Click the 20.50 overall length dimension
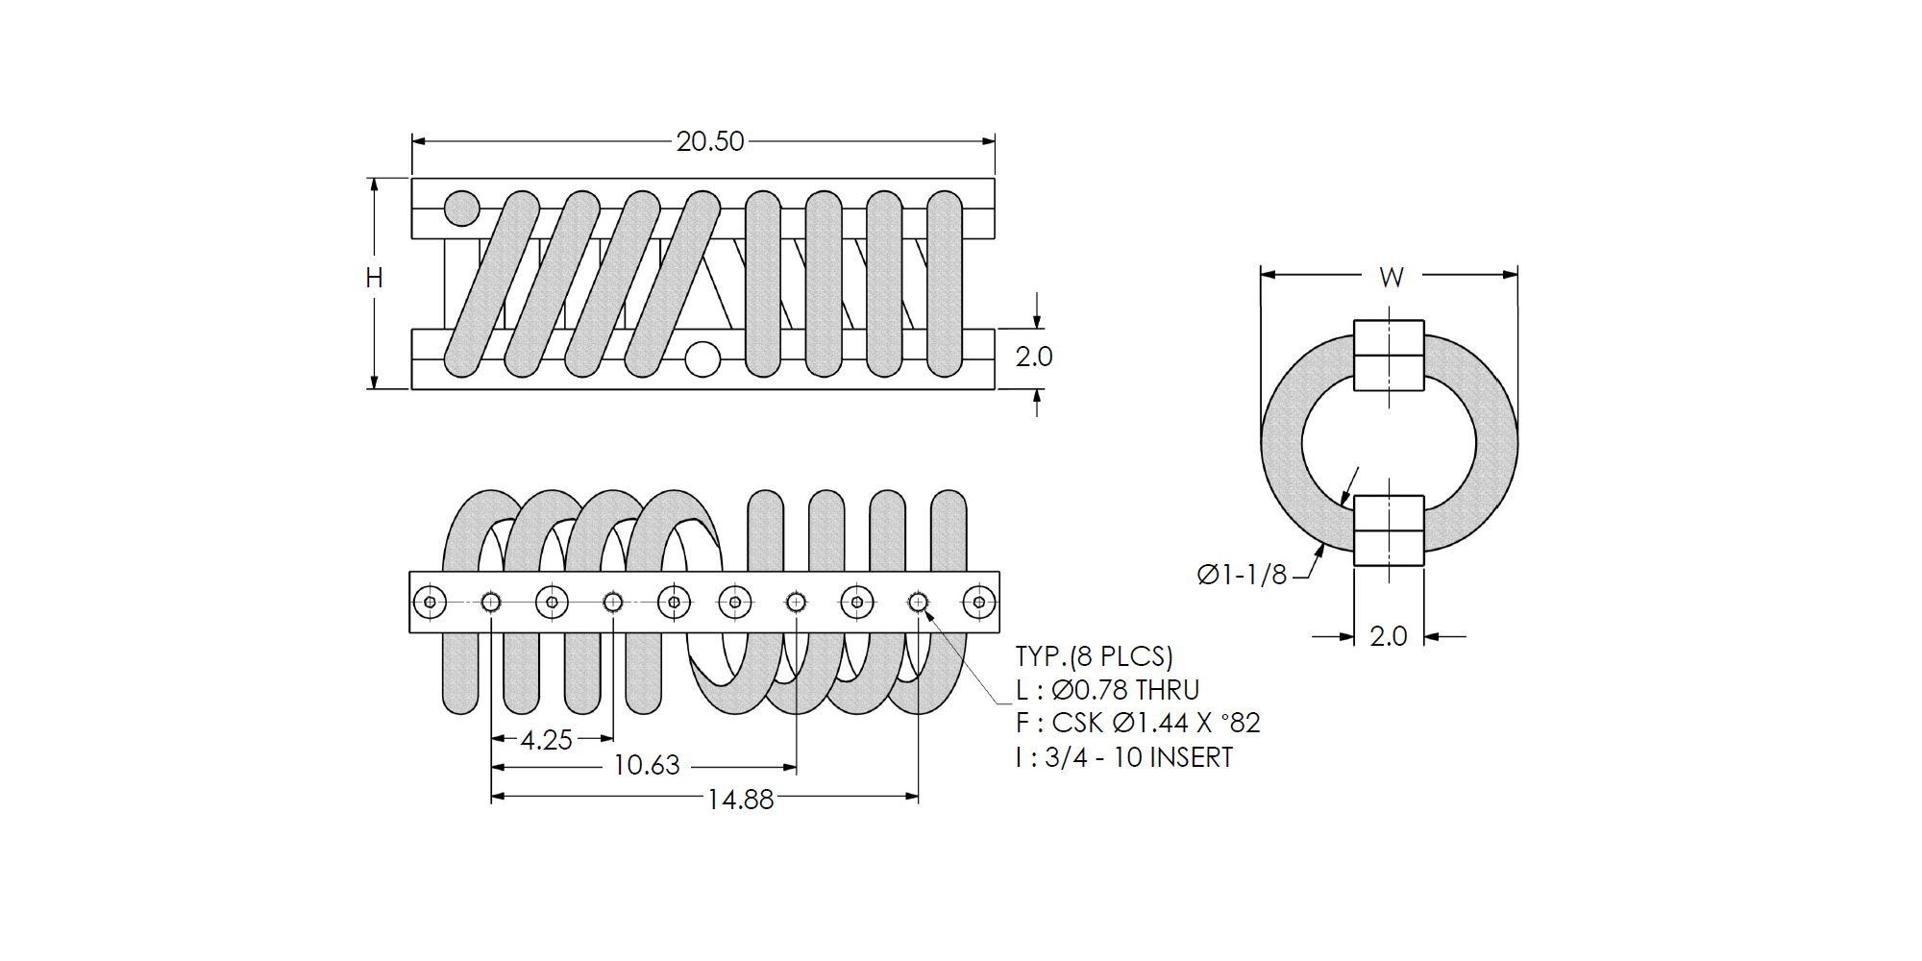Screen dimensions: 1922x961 pyautogui.click(x=709, y=141)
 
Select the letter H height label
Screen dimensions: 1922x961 pyautogui.click(x=374, y=278)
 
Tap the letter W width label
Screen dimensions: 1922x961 pyautogui.click(x=1391, y=277)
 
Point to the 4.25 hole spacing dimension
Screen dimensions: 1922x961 pyautogui.click(x=546, y=740)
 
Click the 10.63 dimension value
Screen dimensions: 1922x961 pyautogui.click(x=646, y=765)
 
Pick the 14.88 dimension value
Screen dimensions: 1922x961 pyautogui.click(x=740, y=800)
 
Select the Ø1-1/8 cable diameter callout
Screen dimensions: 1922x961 pyautogui.click(x=1242, y=575)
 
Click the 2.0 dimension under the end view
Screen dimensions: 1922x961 pyautogui.click(x=1388, y=636)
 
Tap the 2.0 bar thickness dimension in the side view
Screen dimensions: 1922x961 pyautogui.click(x=1034, y=357)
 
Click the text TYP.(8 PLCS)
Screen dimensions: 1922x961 pyautogui.click(x=1095, y=656)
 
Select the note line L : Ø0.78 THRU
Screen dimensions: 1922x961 pyautogui.click(x=1108, y=690)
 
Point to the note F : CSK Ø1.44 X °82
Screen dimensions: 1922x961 pyautogui.click(x=1138, y=723)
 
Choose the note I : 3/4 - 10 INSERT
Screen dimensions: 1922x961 pyautogui.click(x=1124, y=757)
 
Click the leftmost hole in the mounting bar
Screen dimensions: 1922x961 pyautogui.click(x=430, y=603)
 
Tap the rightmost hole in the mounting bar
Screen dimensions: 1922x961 pyautogui.click(x=979, y=603)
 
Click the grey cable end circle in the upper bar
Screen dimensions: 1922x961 pyautogui.click(x=462, y=208)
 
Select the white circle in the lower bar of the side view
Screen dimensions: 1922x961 pyautogui.click(x=702, y=359)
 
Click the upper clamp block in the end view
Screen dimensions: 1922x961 pyautogui.click(x=1389, y=356)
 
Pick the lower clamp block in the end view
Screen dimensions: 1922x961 pyautogui.click(x=1389, y=530)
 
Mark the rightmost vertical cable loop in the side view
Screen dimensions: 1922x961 pyautogui.click(x=945, y=283)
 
